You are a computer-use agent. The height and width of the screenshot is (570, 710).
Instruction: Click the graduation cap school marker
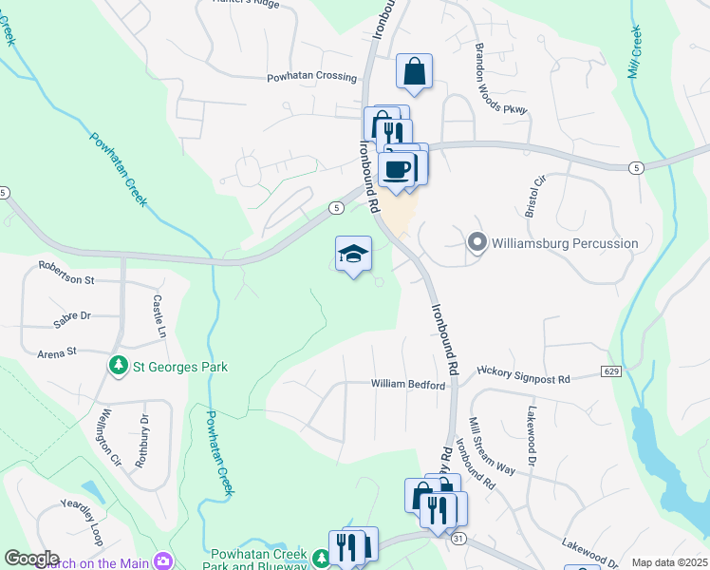353,254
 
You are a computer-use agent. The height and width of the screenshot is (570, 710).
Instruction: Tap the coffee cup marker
396,169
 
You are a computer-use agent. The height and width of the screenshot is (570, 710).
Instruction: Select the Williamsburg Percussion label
564,243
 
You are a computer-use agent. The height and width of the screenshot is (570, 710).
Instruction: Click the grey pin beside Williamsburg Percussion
476,243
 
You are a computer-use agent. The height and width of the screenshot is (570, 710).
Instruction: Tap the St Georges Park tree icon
119,365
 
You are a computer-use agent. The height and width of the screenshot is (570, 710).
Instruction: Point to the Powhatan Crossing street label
310,78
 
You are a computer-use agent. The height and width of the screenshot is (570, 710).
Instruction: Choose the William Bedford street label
408,385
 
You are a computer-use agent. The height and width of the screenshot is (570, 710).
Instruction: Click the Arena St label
56,351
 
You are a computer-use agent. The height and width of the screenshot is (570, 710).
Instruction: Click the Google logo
31,559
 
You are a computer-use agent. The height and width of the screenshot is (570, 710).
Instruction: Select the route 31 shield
458,539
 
